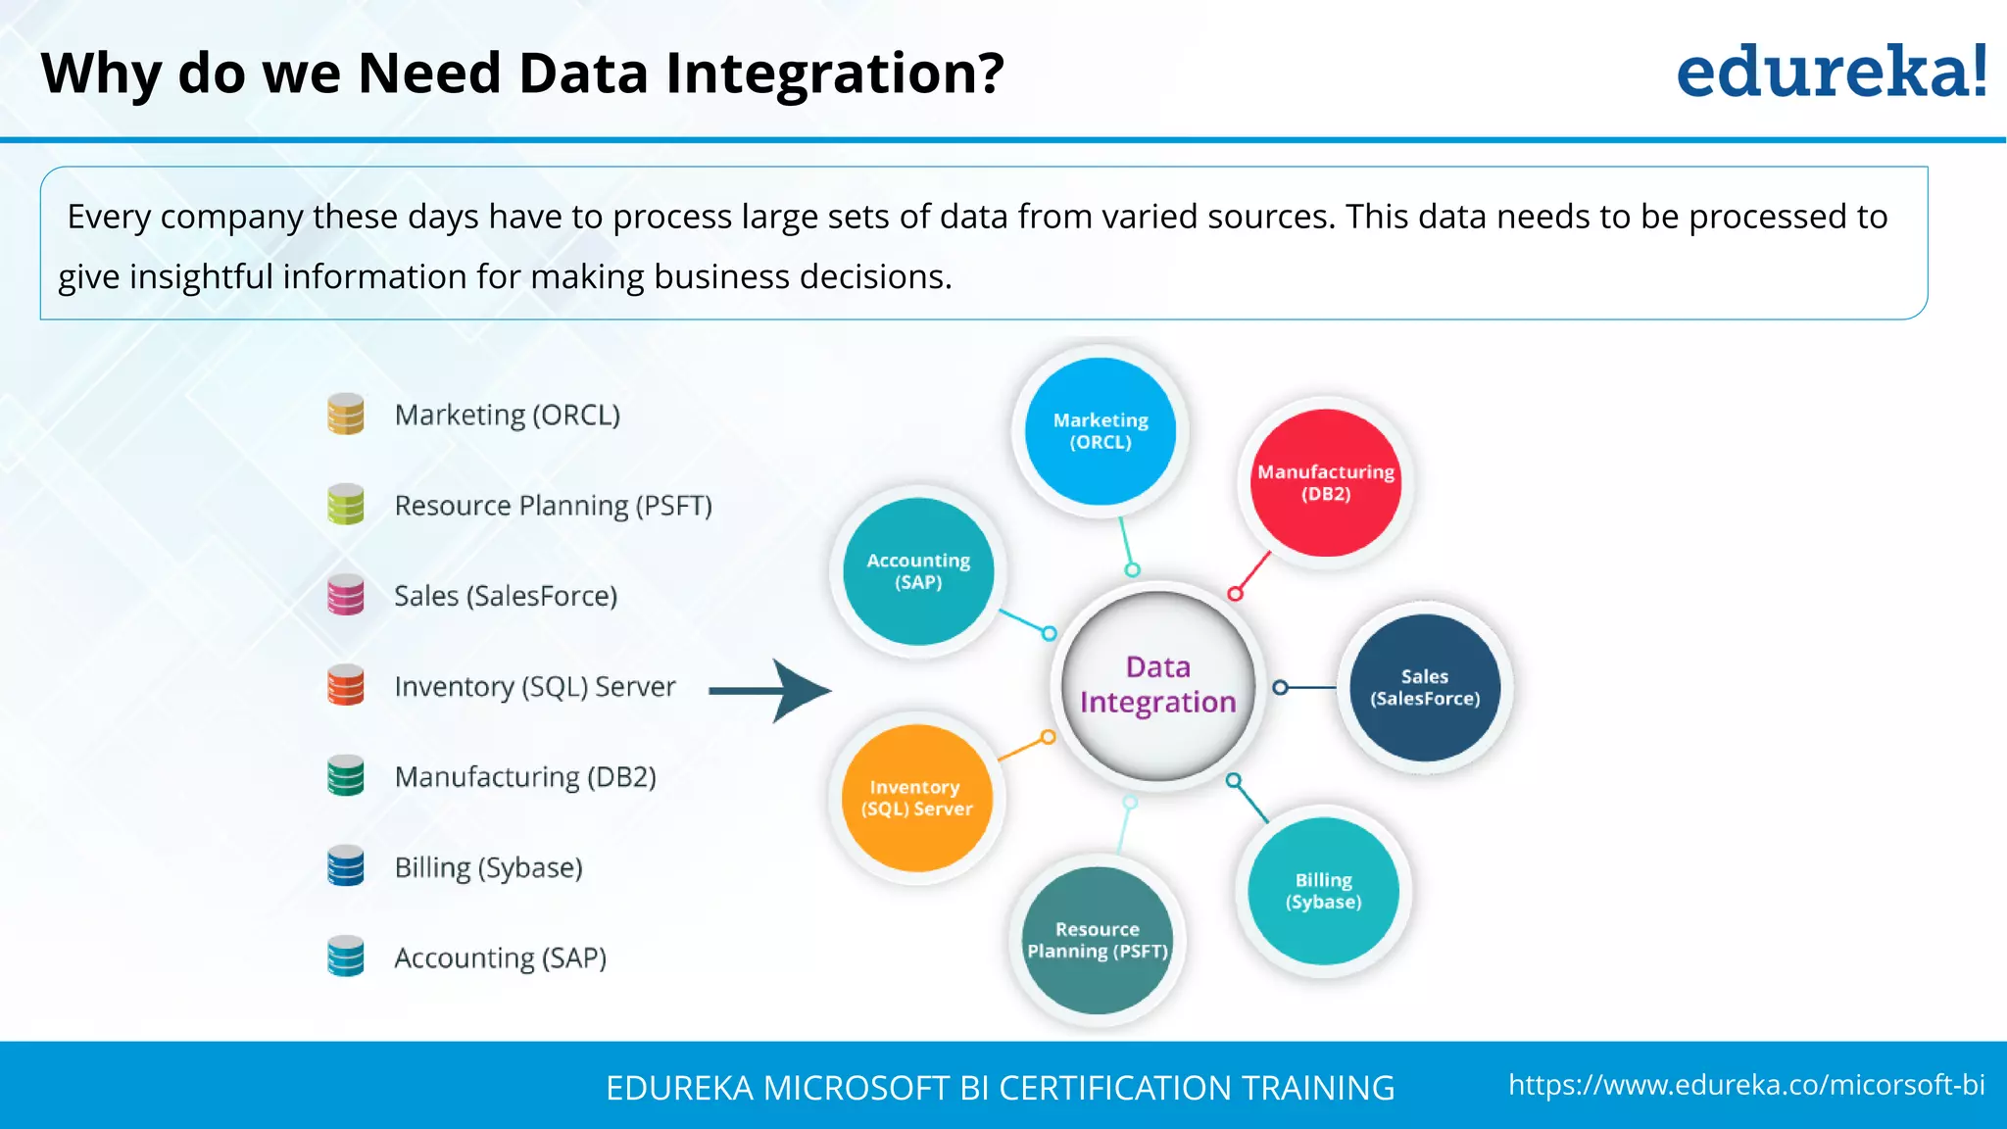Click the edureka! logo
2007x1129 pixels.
click(1831, 73)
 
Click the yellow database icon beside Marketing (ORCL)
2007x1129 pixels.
click(346, 415)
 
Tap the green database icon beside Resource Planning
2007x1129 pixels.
click(346, 505)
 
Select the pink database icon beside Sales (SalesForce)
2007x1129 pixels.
click(346, 595)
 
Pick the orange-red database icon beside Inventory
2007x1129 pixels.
click(346, 685)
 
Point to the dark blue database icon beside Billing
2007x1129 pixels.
click(346, 866)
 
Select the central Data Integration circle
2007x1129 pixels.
click(1157, 685)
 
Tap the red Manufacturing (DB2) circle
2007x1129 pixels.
click(1326, 483)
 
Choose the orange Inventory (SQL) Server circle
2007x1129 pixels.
click(917, 798)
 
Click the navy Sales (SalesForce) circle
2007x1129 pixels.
click(1425, 688)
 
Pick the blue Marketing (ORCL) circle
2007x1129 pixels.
click(1101, 431)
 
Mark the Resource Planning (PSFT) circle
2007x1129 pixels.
click(1098, 940)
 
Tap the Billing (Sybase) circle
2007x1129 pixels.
click(1324, 891)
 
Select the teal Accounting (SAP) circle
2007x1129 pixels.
click(918, 571)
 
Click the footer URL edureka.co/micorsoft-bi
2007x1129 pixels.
click(1746, 1085)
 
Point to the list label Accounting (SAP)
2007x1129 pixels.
click(500, 957)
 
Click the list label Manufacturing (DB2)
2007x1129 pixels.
click(525, 777)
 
